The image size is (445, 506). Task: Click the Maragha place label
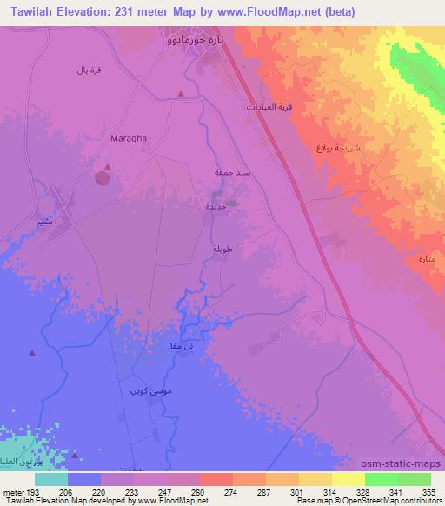(x=128, y=137)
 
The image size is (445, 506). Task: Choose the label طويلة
(x=222, y=250)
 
